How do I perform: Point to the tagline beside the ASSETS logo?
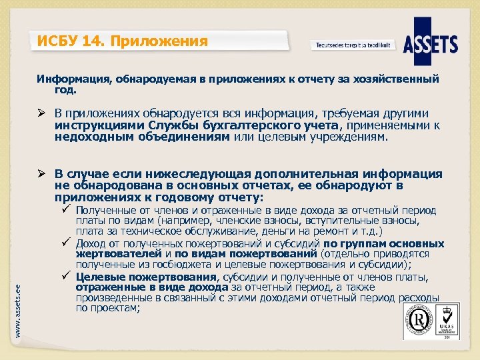point(353,45)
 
